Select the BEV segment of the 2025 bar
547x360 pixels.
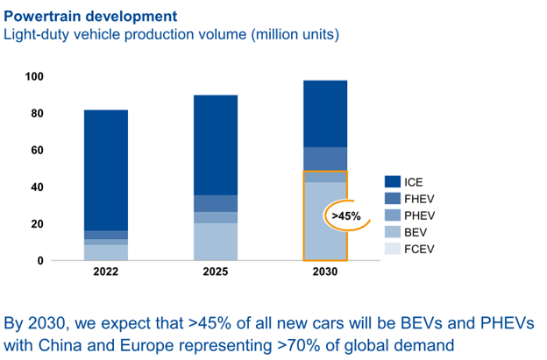tap(216, 241)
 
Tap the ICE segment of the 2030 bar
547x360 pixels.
tap(325, 114)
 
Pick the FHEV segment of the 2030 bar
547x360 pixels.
tap(325, 159)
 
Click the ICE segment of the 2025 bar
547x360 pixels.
tap(216, 145)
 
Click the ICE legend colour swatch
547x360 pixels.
tap(392, 181)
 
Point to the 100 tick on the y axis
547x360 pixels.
tap(34, 77)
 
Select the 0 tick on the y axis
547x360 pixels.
tap(39, 260)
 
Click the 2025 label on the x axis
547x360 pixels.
tap(216, 272)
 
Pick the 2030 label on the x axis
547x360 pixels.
tap(325, 272)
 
